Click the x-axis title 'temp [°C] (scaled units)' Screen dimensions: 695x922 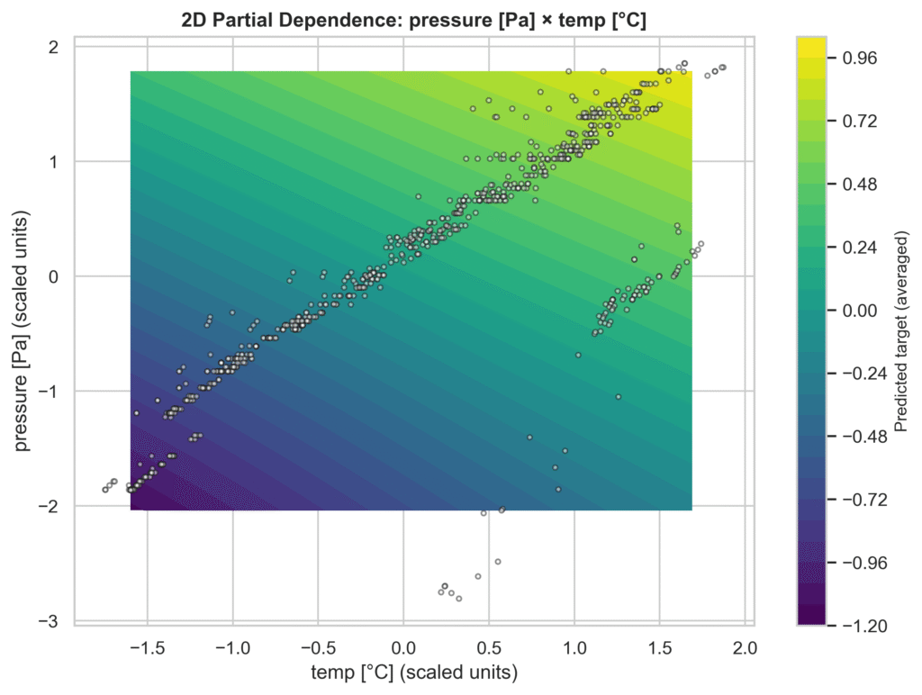tap(413, 672)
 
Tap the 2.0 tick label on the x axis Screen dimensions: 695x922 tap(745, 646)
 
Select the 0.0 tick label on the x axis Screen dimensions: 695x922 tap(403, 646)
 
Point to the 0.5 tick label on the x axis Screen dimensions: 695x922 tap(489, 646)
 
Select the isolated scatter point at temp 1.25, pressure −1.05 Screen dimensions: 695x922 tap(618, 397)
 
